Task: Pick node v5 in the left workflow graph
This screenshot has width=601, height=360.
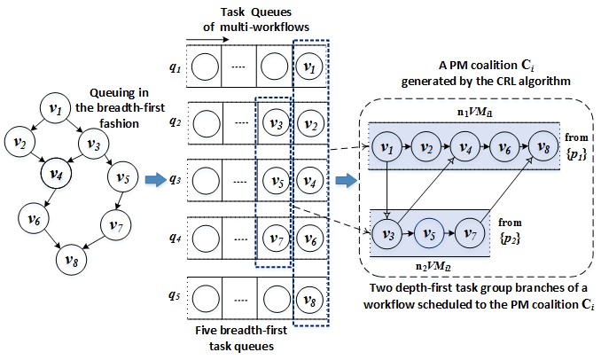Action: click(122, 177)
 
